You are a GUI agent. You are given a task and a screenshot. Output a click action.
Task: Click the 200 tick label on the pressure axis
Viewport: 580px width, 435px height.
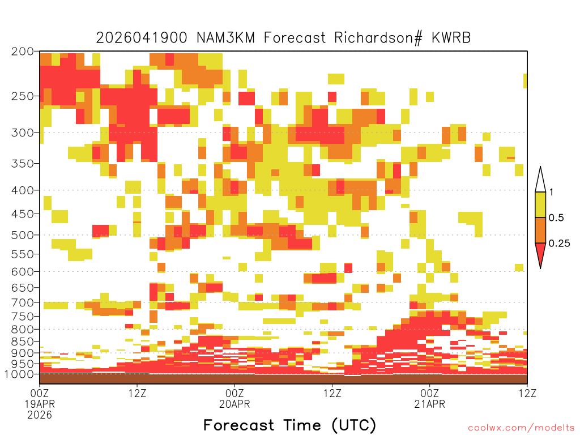[22, 52]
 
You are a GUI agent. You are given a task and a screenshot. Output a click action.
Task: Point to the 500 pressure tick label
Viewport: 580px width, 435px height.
[22, 235]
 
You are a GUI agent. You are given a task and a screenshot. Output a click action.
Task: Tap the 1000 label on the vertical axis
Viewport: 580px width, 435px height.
[19, 374]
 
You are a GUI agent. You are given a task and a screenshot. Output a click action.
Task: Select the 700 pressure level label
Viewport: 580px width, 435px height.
[22, 302]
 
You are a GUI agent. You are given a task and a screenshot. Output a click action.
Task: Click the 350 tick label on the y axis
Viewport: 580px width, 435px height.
[22, 164]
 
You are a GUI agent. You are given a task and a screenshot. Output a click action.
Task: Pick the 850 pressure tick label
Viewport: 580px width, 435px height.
[22, 342]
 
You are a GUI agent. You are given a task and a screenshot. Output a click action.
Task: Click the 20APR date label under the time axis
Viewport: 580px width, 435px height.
[234, 404]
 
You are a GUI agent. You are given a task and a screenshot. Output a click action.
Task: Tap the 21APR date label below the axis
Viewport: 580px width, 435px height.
[429, 404]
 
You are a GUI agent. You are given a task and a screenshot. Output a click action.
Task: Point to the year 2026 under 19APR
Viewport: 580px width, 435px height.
[40, 415]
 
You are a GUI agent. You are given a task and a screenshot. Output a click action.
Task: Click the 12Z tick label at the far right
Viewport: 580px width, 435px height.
[527, 393]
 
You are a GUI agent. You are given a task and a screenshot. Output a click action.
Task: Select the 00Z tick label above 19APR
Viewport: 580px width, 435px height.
[40, 393]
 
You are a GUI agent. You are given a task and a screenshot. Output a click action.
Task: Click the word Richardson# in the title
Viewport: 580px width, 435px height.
[378, 38]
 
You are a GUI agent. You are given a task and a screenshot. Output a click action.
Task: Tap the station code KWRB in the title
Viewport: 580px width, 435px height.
[451, 38]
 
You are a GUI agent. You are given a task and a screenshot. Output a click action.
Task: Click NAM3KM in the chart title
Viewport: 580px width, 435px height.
[225, 38]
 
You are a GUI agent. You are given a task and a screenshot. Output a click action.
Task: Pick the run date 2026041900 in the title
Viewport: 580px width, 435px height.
[142, 38]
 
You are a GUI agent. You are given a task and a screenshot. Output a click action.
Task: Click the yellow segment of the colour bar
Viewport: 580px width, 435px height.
[540, 204]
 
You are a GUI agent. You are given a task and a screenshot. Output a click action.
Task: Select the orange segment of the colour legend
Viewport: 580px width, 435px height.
[540, 230]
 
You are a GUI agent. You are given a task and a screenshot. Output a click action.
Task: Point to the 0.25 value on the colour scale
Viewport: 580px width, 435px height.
[559, 244]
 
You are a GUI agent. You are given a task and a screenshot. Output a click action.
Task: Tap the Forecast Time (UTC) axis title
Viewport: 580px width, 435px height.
[289, 425]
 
